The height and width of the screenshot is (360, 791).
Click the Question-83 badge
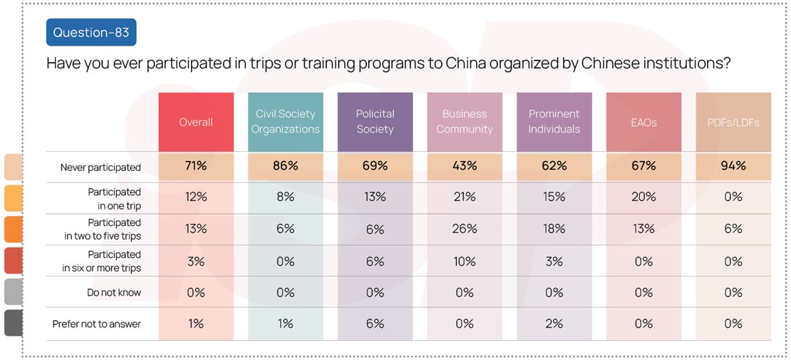(x=91, y=32)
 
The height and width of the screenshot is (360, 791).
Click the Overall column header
(x=196, y=122)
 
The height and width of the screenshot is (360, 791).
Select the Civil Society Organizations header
(x=285, y=122)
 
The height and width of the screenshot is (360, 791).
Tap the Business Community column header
(x=465, y=122)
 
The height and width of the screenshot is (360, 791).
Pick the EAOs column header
(x=643, y=122)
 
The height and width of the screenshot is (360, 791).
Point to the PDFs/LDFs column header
(x=733, y=122)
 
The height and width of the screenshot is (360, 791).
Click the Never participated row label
(x=100, y=168)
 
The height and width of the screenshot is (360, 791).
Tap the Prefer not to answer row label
(x=97, y=324)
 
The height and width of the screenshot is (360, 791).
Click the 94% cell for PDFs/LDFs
(x=733, y=166)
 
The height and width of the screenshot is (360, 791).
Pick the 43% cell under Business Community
(x=465, y=166)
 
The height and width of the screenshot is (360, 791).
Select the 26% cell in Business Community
(x=465, y=229)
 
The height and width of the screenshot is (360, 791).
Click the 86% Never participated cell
(x=285, y=166)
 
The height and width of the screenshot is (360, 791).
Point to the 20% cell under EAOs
(x=643, y=197)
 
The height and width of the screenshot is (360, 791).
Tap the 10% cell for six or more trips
(x=465, y=261)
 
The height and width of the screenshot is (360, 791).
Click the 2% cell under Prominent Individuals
(x=554, y=324)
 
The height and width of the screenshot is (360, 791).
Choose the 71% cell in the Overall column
(x=196, y=166)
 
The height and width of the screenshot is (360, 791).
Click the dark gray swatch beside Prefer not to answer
(x=13, y=324)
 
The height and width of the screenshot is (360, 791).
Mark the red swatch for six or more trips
(x=13, y=261)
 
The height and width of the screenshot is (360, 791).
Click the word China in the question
(x=465, y=63)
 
